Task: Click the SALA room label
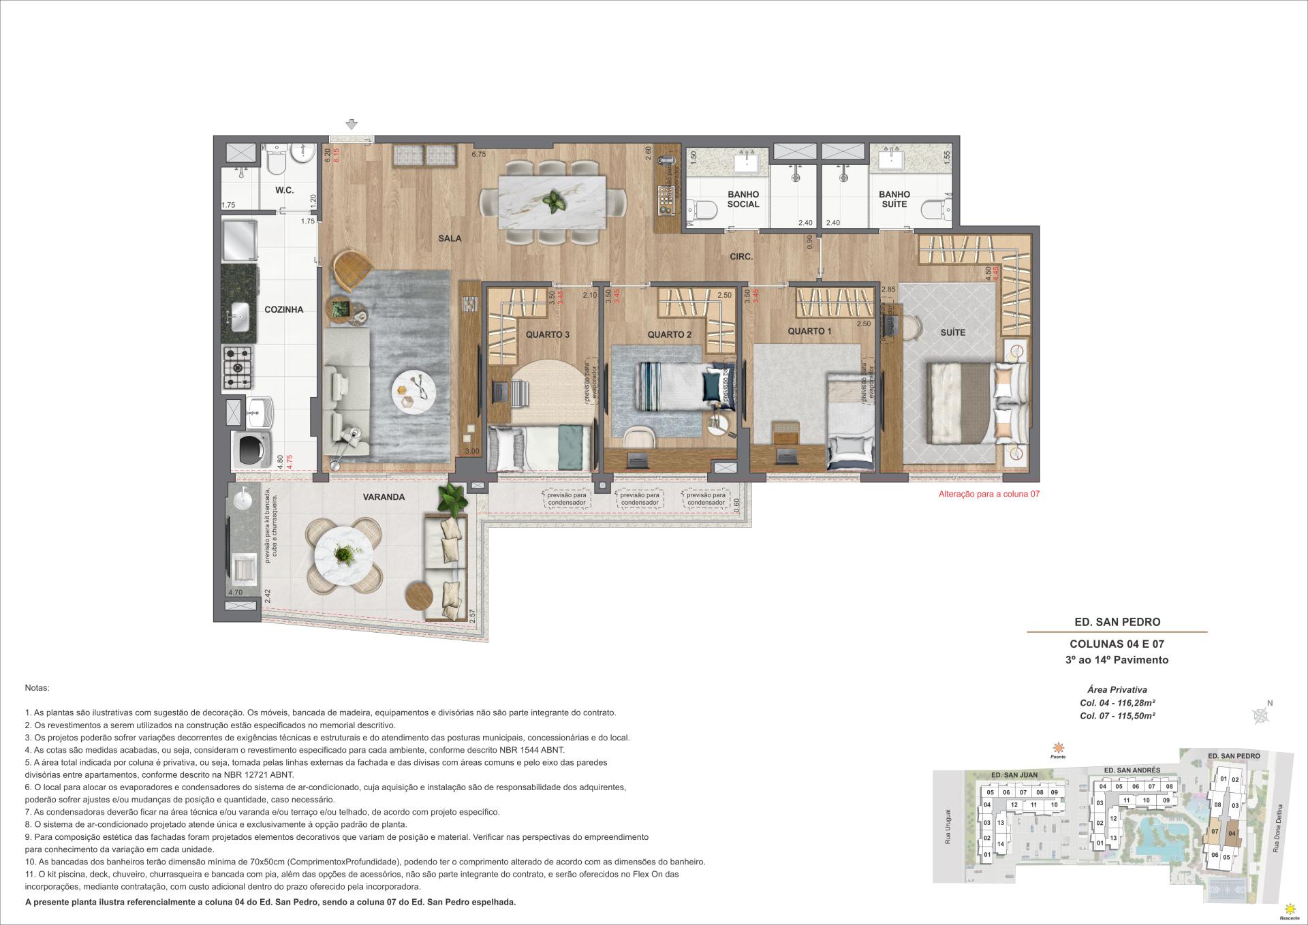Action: click(x=450, y=238)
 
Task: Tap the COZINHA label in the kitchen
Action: click(x=283, y=309)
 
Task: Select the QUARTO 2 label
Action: click(x=669, y=334)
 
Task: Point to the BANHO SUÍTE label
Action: click(x=894, y=199)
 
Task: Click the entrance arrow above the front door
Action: click(x=352, y=125)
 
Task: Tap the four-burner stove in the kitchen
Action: click(x=238, y=368)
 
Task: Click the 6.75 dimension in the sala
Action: click(x=478, y=155)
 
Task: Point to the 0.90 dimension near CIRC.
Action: click(x=809, y=242)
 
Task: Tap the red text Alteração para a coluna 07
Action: click(x=989, y=495)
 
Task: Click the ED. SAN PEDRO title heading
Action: click(x=1117, y=622)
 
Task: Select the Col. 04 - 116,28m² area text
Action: click(x=1117, y=703)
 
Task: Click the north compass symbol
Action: click(x=1261, y=715)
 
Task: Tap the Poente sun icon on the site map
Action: click(x=1057, y=747)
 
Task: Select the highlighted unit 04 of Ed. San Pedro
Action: click(x=1232, y=833)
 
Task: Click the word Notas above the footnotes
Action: click(x=37, y=689)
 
